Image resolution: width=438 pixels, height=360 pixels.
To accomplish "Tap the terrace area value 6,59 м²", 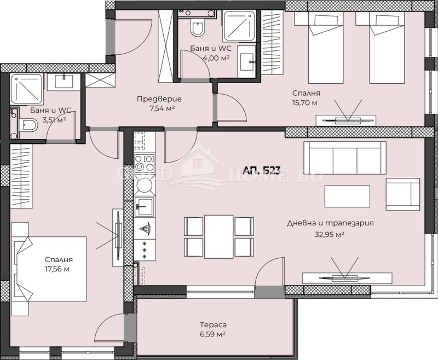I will click(213, 334).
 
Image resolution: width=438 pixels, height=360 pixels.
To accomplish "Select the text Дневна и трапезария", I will click(326, 223).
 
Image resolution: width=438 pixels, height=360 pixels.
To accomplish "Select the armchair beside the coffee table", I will click(402, 194).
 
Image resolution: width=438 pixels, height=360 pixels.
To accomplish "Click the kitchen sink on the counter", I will click(145, 207).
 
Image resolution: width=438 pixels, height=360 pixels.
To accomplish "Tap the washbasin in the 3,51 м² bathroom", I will click(64, 82).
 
